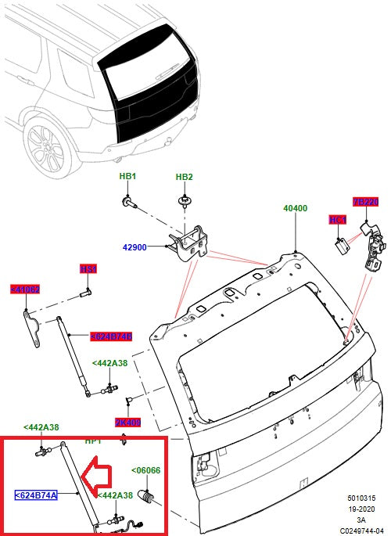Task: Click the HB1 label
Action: pos(127,178)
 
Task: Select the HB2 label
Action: pos(184,178)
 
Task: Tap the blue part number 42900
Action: pos(135,247)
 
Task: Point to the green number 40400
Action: pos(295,209)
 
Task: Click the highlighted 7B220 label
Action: pos(365,202)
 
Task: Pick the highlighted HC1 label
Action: pos(338,221)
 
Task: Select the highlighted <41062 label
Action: pos(25,290)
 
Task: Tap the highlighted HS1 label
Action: pos(88,269)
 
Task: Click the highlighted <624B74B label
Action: pos(111,336)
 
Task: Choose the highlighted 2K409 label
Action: pos(127,423)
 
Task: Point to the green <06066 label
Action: pos(145,470)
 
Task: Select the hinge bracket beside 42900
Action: pos(189,238)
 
